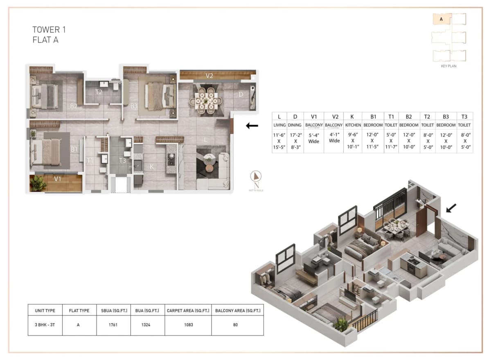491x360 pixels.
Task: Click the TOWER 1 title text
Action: pyautogui.click(x=49, y=30)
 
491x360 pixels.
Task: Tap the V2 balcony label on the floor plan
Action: pyautogui.click(x=209, y=76)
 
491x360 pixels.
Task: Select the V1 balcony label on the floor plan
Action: pyautogui.click(x=57, y=179)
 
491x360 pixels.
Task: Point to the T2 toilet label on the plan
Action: pyautogui.click(x=99, y=92)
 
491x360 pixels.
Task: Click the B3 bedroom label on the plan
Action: pyautogui.click(x=134, y=106)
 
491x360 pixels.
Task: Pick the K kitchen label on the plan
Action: pyautogui.click(x=151, y=166)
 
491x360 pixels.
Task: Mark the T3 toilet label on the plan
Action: pyautogui.click(x=122, y=160)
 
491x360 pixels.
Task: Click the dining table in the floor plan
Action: pyautogui.click(x=206, y=100)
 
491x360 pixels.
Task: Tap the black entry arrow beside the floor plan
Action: pyautogui.click(x=252, y=126)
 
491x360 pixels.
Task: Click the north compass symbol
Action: pyautogui.click(x=256, y=177)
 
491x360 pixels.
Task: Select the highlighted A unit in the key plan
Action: pyautogui.click(x=442, y=19)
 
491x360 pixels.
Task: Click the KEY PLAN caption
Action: pyautogui.click(x=449, y=66)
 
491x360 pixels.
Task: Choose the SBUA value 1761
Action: pyautogui.click(x=113, y=325)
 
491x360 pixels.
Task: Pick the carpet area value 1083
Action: pyautogui.click(x=188, y=325)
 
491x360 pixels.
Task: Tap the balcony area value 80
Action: pyautogui.click(x=237, y=325)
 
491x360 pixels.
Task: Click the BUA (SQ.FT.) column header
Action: pyautogui.click(x=147, y=310)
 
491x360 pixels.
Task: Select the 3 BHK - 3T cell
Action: pyautogui.click(x=45, y=325)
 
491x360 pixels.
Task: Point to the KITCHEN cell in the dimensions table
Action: pyautogui.click(x=353, y=125)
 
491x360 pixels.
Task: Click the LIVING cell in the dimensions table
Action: pyautogui.click(x=279, y=125)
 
